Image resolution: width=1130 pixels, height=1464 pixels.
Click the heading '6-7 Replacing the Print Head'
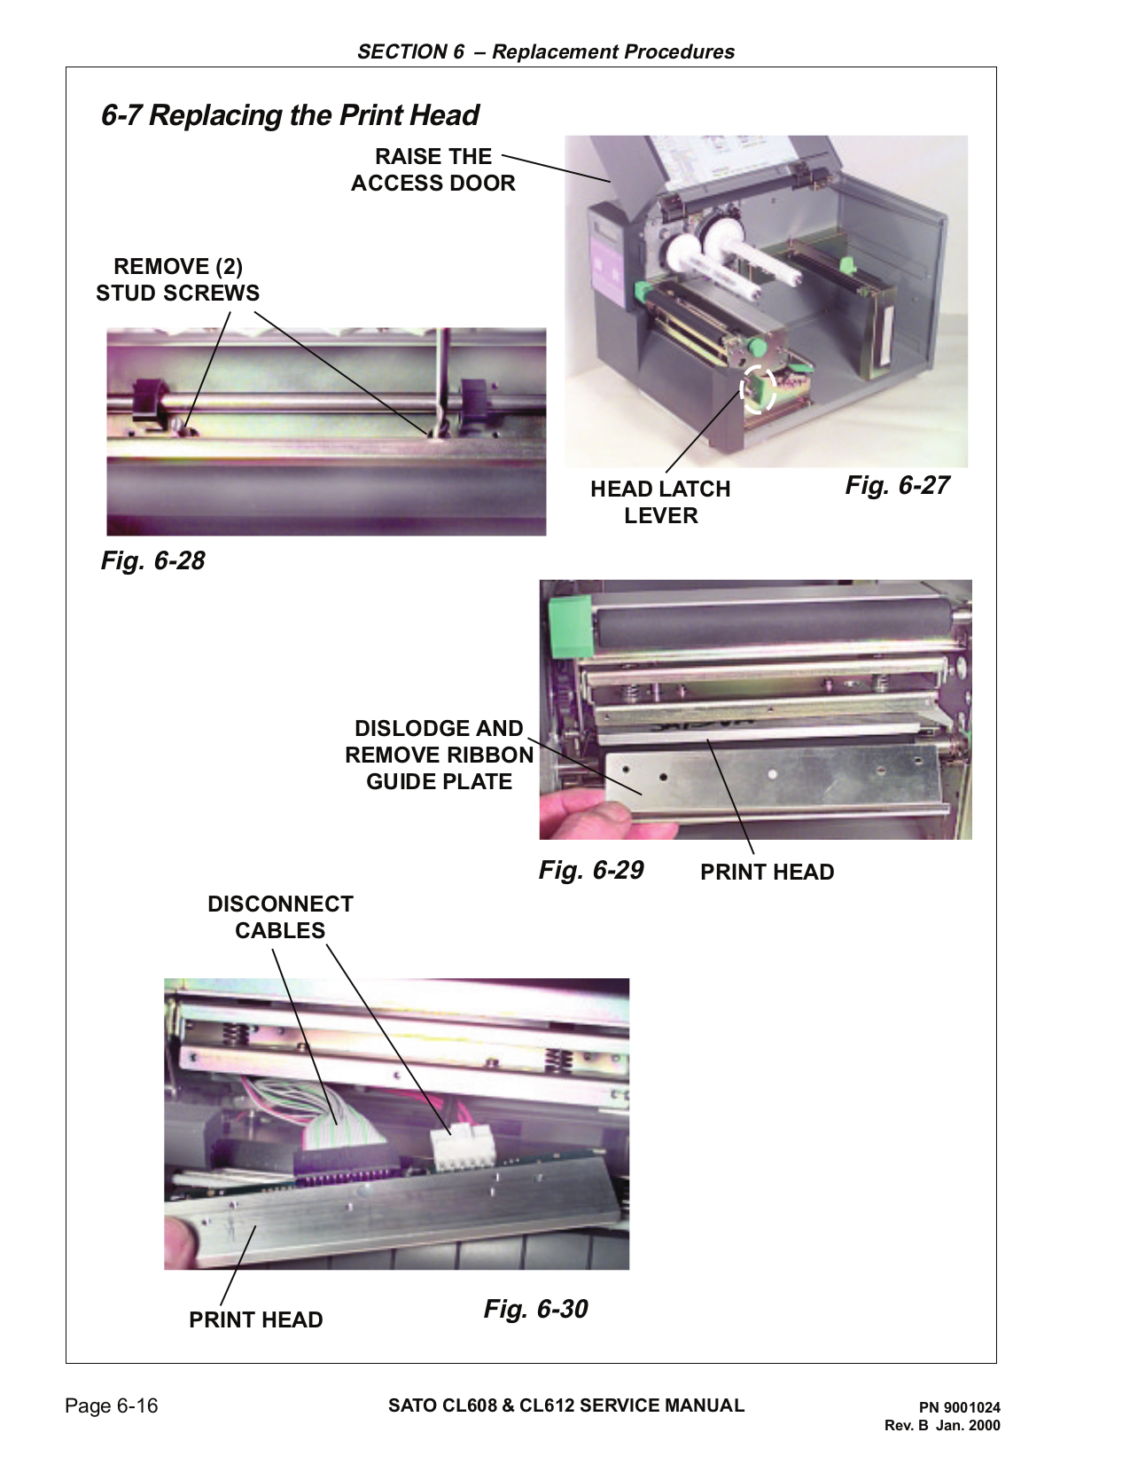pyautogui.click(x=290, y=115)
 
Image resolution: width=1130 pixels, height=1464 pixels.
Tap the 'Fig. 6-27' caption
pyautogui.click(x=897, y=485)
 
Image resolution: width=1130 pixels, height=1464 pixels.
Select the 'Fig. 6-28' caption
pyautogui.click(x=152, y=560)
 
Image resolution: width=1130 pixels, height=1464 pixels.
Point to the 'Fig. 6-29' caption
pyautogui.click(x=591, y=870)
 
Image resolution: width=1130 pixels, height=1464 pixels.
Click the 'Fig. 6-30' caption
pyautogui.click(x=535, y=1309)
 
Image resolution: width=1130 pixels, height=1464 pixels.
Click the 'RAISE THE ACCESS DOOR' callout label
pyautogui.click(x=433, y=169)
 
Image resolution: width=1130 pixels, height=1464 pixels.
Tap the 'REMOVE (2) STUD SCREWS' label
pyautogui.click(x=177, y=279)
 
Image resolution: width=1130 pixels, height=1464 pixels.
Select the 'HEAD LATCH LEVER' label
pyautogui.click(x=660, y=502)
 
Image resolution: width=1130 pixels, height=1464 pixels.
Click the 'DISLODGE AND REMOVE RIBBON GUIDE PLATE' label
pyautogui.click(x=440, y=755)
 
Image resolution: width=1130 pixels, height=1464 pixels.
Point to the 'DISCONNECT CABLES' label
pyautogui.click(x=280, y=917)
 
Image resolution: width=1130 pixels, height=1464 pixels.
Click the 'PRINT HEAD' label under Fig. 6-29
pyautogui.click(x=767, y=872)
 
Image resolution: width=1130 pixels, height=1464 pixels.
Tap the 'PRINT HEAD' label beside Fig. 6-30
pyautogui.click(x=255, y=1319)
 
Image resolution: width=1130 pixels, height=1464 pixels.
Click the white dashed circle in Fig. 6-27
pyautogui.click(x=758, y=388)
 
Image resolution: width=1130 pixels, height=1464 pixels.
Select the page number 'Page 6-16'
pyautogui.click(x=112, y=1405)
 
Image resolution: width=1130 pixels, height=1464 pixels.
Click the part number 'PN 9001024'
pyautogui.click(x=959, y=1407)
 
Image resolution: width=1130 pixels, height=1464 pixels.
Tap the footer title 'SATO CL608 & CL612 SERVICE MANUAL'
pyautogui.click(x=566, y=1405)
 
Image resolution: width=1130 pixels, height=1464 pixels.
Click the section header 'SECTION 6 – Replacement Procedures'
pyautogui.click(x=546, y=51)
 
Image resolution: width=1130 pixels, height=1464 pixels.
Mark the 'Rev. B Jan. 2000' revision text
pyautogui.click(x=942, y=1426)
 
